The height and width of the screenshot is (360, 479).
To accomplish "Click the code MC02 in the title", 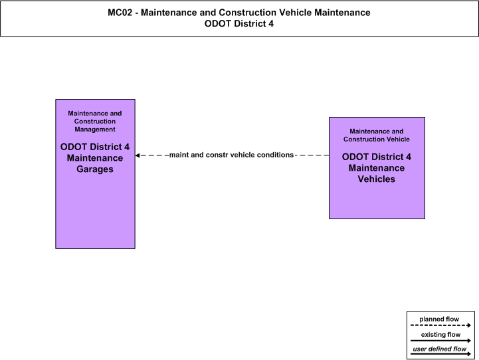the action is tap(120, 13).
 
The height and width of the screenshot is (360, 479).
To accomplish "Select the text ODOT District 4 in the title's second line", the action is tap(239, 24).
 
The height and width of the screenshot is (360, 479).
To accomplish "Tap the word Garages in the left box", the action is tap(95, 169).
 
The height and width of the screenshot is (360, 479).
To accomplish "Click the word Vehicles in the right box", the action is tap(376, 179).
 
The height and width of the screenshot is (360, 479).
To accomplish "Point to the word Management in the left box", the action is tap(95, 129).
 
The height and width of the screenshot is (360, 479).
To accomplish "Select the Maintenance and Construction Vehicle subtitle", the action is tap(376, 135).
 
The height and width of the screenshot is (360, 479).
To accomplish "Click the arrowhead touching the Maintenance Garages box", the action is tap(138, 155).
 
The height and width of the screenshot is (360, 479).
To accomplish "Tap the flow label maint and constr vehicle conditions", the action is tap(231, 155).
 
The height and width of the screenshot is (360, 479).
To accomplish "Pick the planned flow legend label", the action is tap(439, 319).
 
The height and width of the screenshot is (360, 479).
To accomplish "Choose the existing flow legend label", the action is tap(440, 334).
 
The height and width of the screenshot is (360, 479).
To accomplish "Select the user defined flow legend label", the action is tap(439, 349).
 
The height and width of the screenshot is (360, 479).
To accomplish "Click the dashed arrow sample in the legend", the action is tap(441, 325).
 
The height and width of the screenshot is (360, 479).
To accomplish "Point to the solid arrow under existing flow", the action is tap(441, 341).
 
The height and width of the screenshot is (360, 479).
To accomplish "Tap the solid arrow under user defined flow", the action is tap(441, 354).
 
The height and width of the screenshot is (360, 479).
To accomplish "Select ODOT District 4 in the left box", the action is tap(95, 147).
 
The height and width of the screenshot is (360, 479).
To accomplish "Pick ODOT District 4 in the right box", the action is tap(376, 157).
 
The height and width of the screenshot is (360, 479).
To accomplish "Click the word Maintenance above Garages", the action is tap(95, 158).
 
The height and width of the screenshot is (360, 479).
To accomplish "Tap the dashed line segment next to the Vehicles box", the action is tap(312, 155).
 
